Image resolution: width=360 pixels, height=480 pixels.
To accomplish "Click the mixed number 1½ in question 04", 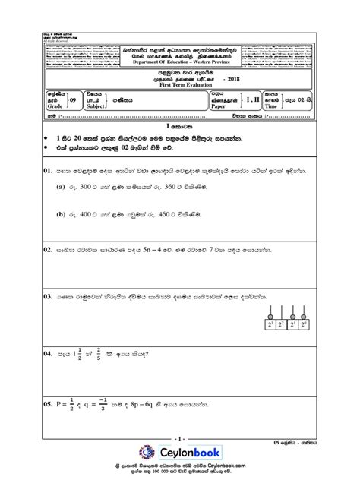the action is (89, 353).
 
